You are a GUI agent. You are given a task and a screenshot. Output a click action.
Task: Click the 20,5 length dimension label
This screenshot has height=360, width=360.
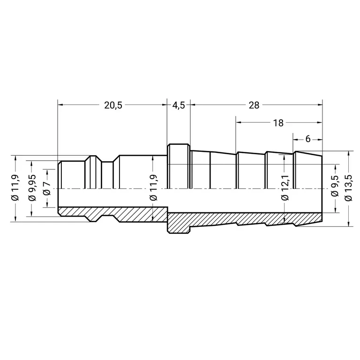[x=113, y=105]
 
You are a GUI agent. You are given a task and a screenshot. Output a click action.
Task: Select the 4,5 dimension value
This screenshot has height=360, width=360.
[x=179, y=105]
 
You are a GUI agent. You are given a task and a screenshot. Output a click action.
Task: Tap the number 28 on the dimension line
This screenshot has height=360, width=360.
[x=254, y=105]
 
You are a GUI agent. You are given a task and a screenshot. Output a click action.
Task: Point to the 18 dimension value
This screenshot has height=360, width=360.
[x=278, y=123]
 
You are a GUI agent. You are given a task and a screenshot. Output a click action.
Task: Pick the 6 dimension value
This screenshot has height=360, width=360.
[x=308, y=139]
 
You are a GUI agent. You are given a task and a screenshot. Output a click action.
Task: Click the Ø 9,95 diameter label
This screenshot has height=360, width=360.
[x=32, y=187]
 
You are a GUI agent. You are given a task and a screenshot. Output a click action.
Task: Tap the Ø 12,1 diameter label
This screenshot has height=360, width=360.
[x=285, y=187]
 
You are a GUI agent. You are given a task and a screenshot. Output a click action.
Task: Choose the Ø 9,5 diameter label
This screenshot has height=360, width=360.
[x=335, y=186]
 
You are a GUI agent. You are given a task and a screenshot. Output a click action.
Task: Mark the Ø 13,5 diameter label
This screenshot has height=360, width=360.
[x=348, y=187]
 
